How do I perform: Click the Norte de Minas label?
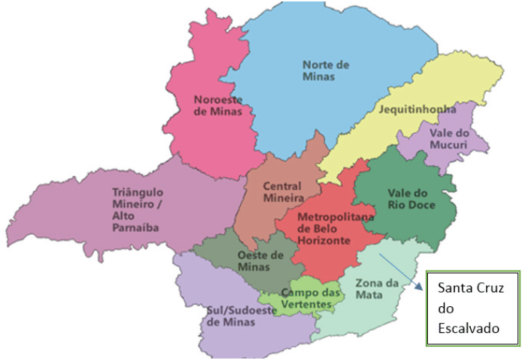tap(326, 70)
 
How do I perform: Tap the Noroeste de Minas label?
tap(218, 105)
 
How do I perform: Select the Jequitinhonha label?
tap(417, 110)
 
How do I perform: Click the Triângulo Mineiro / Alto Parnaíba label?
tap(137, 209)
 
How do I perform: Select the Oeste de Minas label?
tap(260, 260)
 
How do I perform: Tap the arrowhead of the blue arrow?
tap(421, 288)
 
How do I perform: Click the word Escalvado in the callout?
tap(468, 329)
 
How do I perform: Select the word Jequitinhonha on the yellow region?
tap(417, 110)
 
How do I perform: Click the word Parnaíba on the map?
tap(136, 227)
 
